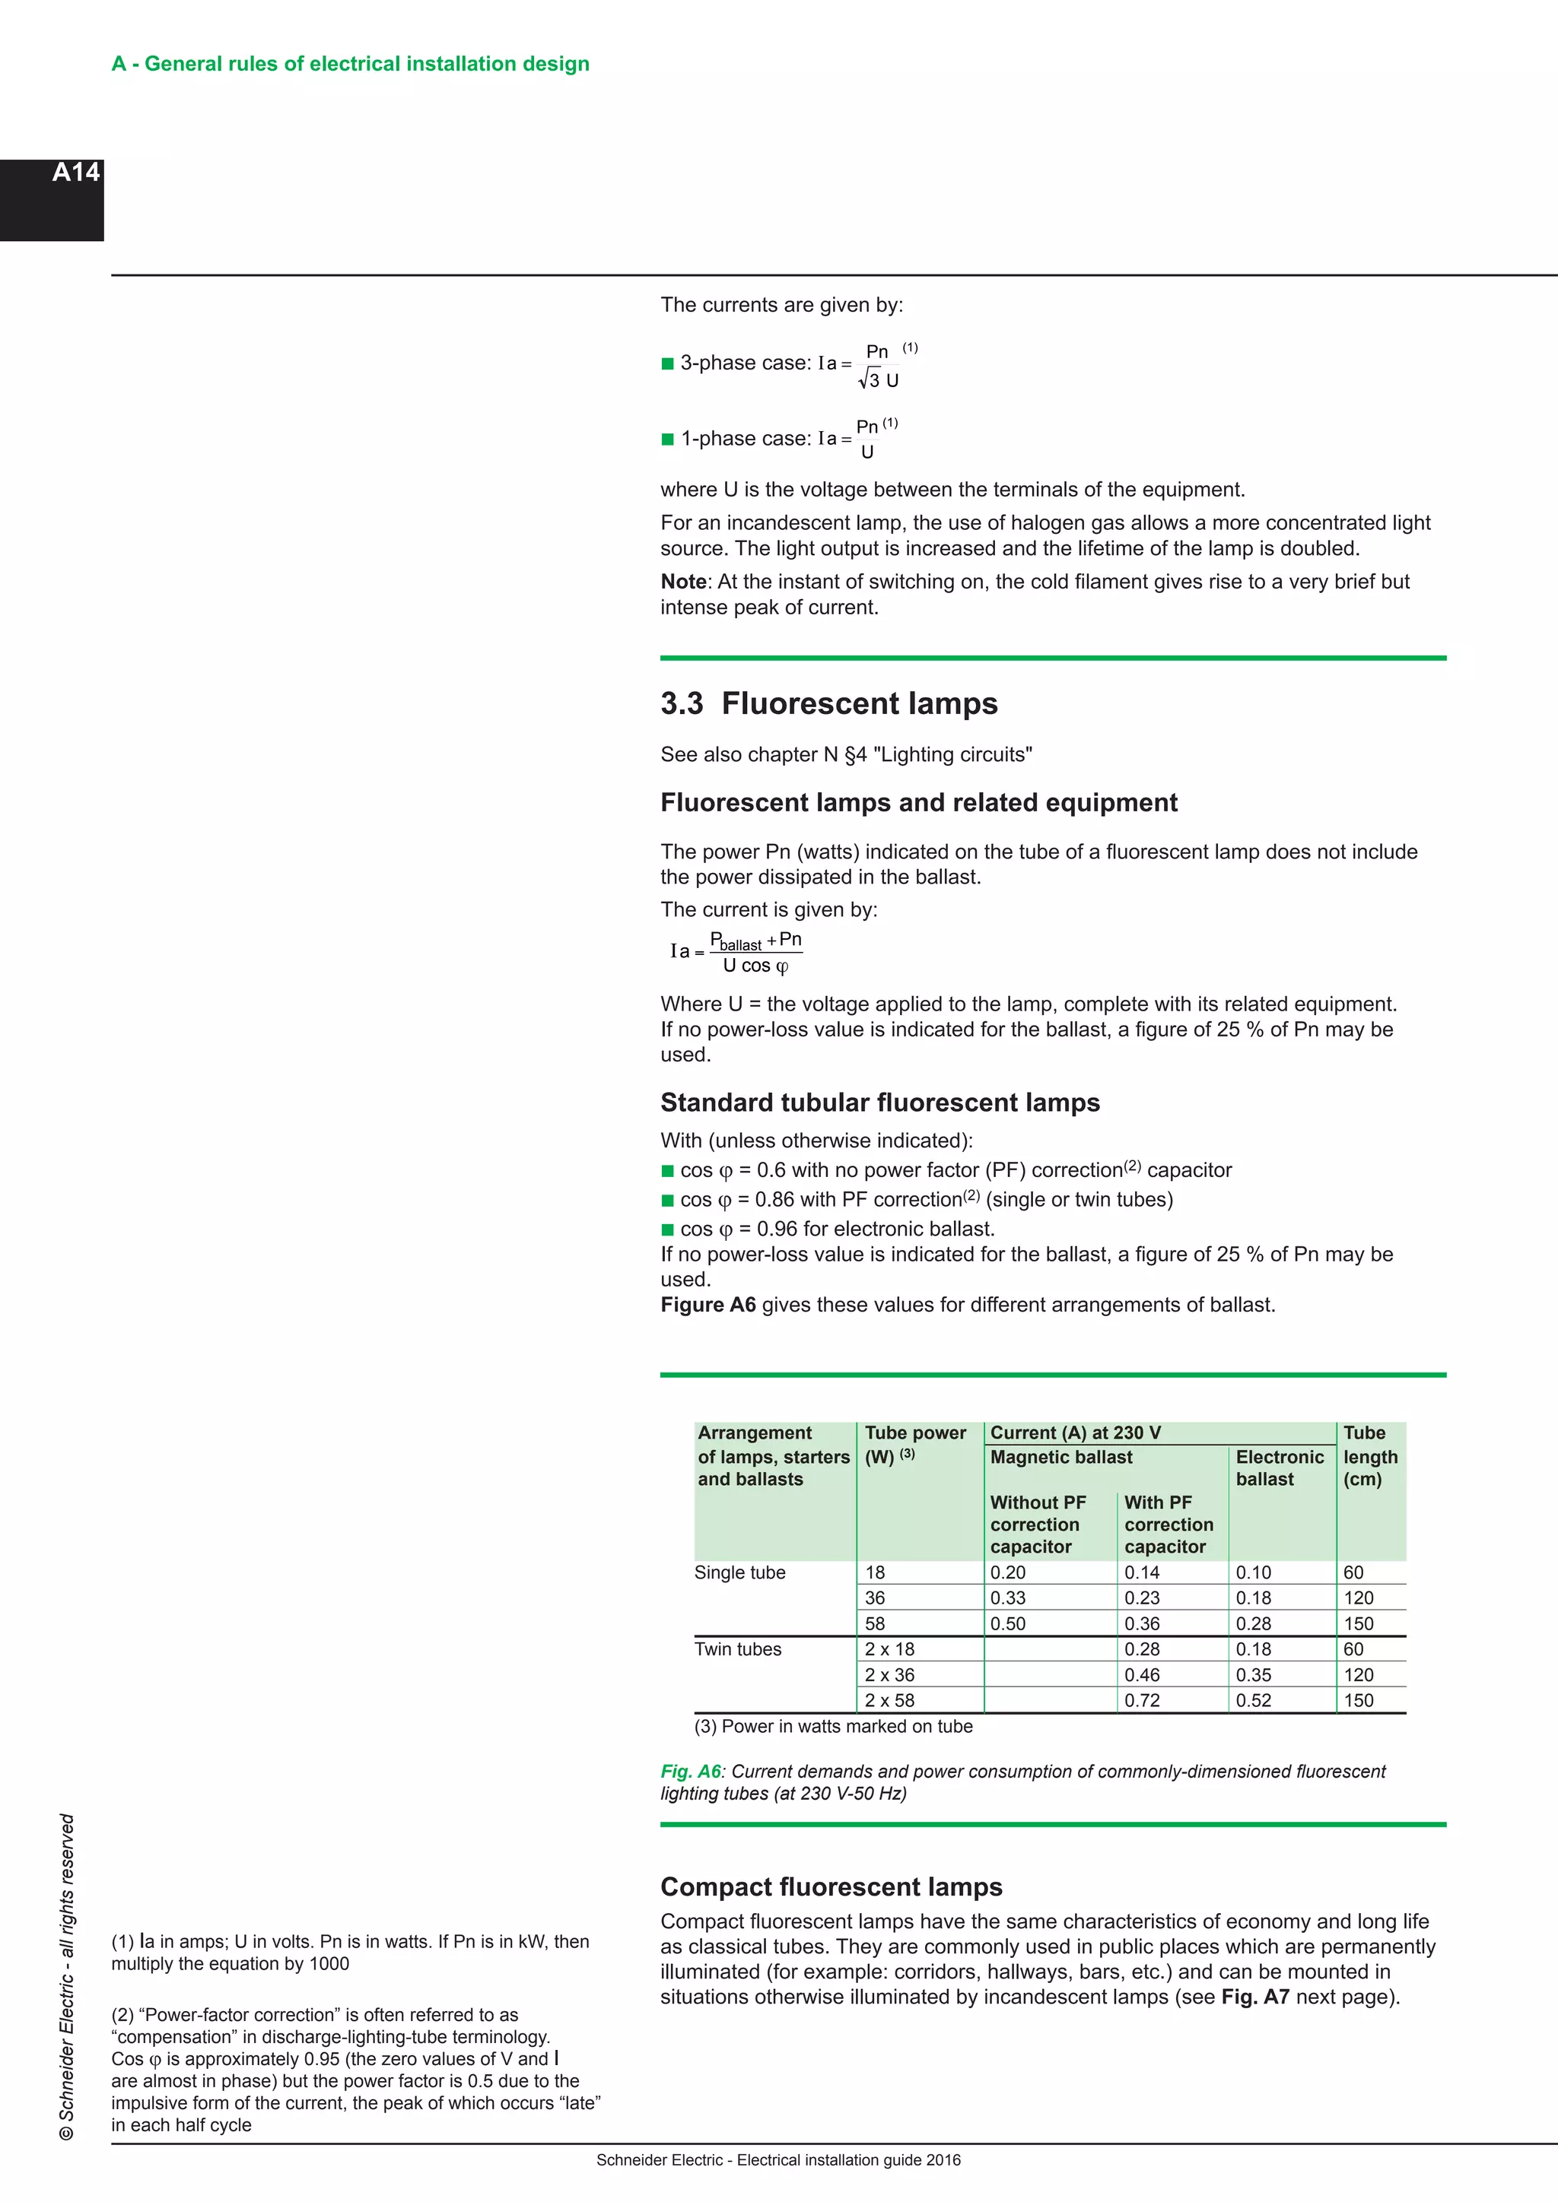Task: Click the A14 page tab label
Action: (76, 173)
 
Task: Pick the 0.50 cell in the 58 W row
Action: (1007, 1623)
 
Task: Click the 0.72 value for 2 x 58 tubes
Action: (1142, 1700)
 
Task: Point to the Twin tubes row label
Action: (738, 1649)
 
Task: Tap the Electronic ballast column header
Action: (1279, 1467)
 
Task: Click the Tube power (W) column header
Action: (914, 1443)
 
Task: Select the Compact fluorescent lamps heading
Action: (831, 1886)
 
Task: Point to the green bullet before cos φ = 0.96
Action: (668, 1230)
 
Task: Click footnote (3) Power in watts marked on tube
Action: (833, 1726)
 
